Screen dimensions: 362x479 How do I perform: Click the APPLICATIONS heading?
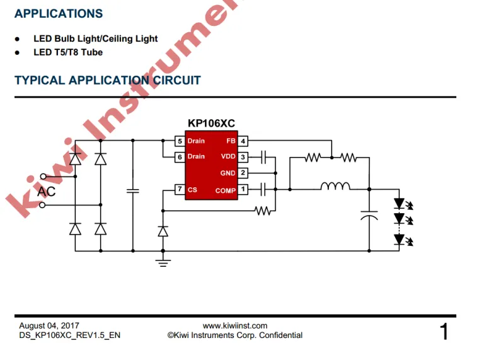coord(59,13)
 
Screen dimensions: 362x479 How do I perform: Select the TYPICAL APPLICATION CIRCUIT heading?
coord(107,80)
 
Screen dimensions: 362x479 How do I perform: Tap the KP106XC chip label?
coord(211,124)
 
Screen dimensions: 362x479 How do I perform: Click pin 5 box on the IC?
coord(180,141)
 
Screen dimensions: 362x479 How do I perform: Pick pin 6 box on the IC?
coord(180,156)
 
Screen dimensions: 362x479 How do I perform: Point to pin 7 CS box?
coord(180,189)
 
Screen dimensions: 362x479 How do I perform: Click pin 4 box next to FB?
coord(243,141)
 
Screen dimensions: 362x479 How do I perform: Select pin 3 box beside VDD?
coord(243,156)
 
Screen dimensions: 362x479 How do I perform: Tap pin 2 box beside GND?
coord(243,173)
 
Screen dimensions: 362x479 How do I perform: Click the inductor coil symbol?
coord(335,187)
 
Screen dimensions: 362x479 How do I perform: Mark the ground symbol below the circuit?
coord(163,261)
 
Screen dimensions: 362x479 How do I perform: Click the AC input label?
coord(47,191)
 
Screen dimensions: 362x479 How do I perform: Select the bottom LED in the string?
coord(399,238)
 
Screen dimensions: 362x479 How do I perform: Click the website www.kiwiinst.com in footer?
coord(235,325)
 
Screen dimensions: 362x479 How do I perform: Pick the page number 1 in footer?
coord(444,331)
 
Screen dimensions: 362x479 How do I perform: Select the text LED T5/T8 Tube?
coord(68,52)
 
